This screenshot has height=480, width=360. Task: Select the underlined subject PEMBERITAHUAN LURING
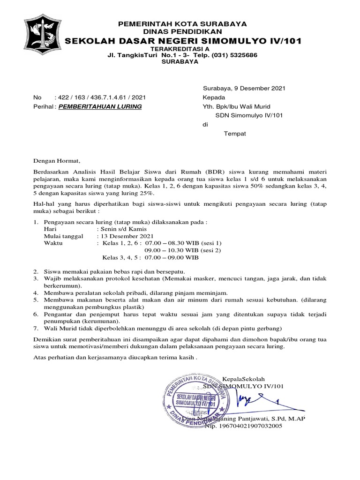point(99,106)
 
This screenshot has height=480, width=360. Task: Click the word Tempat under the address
point(235,133)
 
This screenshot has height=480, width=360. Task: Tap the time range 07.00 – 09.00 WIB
point(172,257)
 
